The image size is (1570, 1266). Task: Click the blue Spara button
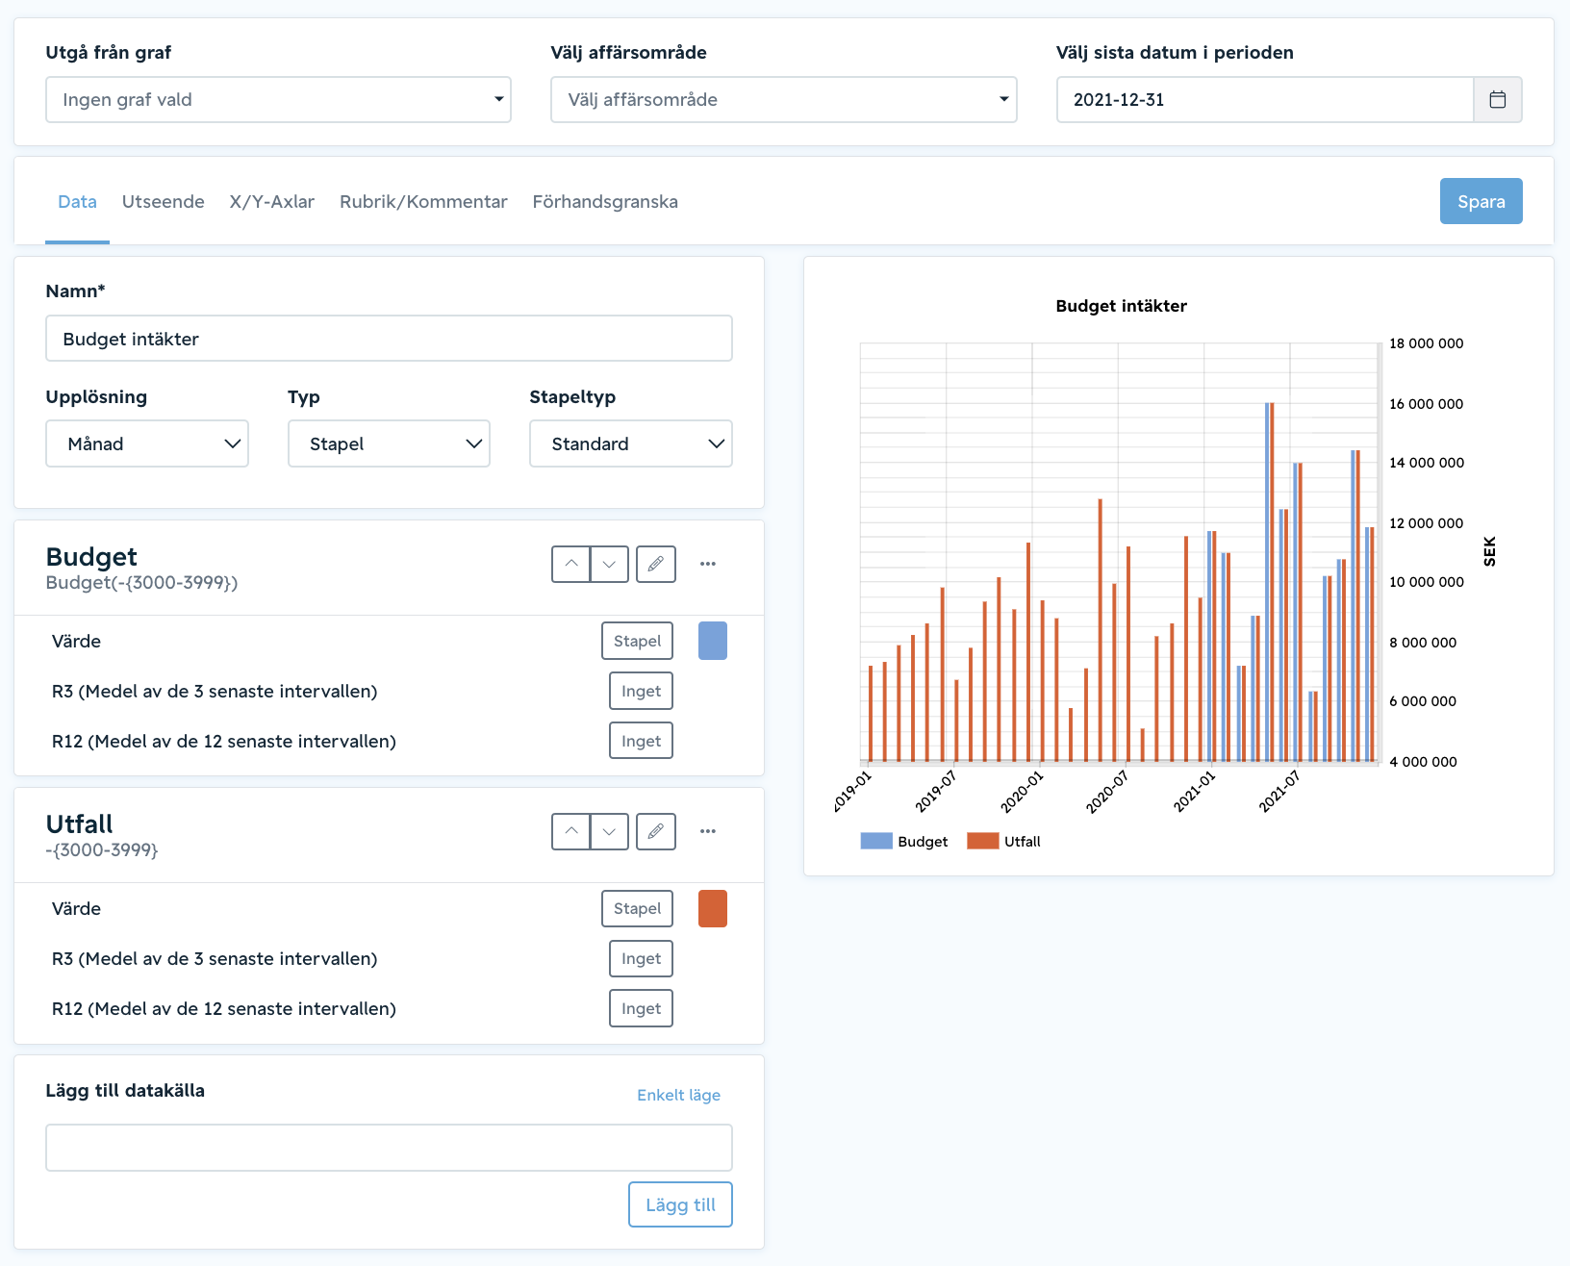point(1481,201)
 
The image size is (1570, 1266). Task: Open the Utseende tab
point(163,201)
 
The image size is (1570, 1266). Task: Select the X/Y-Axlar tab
point(271,201)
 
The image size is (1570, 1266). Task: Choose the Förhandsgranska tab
point(605,201)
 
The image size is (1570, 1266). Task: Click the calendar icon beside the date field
point(1498,99)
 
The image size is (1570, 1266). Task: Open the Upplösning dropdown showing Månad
point(146,443)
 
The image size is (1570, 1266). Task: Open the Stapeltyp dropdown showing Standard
point(630,443)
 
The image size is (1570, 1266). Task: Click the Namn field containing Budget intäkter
point(389,339)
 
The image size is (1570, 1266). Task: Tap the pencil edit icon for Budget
point(656,564)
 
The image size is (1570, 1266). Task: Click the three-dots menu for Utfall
point(708,831)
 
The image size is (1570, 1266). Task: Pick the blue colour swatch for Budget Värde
point(713,641)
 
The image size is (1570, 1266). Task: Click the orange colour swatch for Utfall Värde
point(713,908)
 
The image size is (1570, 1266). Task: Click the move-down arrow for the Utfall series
point(609,832)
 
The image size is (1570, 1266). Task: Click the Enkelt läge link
point(678,1095)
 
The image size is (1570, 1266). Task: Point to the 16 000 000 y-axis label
point(1427,403)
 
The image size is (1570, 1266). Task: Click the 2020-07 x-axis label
point(1107,792)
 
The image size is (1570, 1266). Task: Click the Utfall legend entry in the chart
point(1004,842)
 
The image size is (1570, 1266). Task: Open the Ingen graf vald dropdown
point(278,99)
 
